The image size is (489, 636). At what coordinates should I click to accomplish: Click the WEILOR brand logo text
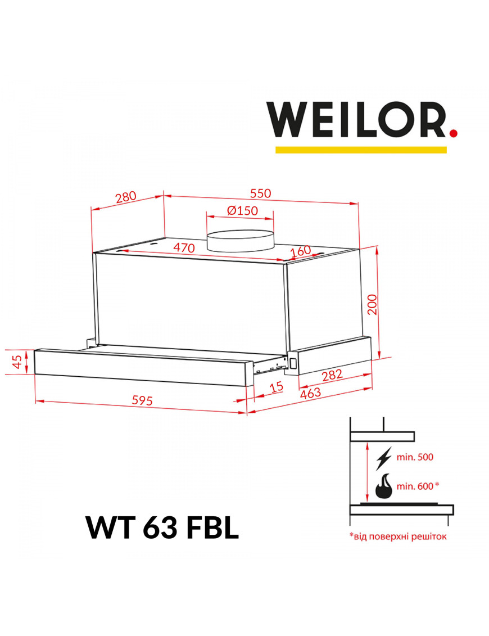357,120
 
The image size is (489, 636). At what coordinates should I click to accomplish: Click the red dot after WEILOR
454,133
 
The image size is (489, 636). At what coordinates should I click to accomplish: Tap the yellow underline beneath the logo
361,150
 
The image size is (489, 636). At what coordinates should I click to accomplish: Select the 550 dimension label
260,193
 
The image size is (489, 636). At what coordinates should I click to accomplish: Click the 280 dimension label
126,197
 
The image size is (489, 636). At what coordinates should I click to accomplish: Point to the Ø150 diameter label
242,210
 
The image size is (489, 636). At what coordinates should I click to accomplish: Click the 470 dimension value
184,247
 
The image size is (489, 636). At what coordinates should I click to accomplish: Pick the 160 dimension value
301,251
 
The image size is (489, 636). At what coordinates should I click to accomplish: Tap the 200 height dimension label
372,304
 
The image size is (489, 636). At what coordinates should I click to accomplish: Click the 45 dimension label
17,362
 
